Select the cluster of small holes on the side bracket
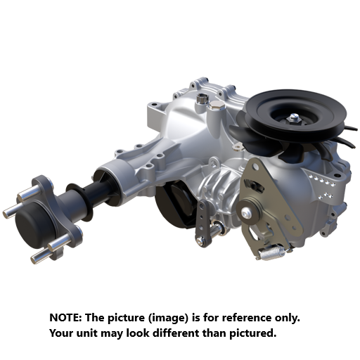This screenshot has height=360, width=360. coord(323,184)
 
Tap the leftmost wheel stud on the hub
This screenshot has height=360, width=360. coord(9,211)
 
